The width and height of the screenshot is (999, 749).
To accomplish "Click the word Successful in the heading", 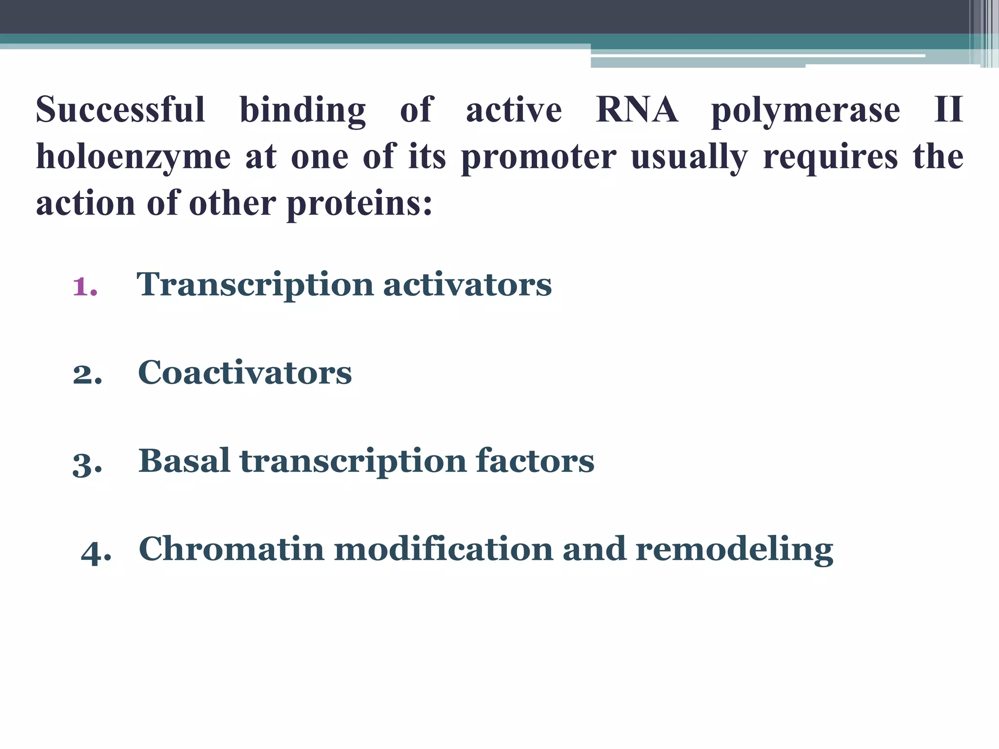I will (x=120, y=109).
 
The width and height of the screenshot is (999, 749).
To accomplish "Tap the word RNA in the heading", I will (x=637, y=109).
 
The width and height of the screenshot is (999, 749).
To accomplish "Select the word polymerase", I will (x=805, y=111).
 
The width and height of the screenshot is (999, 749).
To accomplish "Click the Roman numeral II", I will (x=948, y=109).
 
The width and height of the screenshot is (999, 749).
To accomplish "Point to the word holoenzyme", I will (x=133, y=157).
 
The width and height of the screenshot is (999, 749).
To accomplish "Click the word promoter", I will (x=539, y=157).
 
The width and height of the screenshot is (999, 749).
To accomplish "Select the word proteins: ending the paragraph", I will (x=360, y=204).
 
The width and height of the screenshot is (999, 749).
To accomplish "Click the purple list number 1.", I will (x=84, y=286).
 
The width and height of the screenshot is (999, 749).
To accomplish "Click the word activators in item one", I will (x=467, y=284).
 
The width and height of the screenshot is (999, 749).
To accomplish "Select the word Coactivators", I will (x=244, y=373).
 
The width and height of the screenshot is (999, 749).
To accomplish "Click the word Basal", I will (x=184, y=461).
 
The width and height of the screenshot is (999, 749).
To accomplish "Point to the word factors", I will (x=535, y=461).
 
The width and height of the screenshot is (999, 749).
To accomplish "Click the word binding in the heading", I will (x=302, y=110).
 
